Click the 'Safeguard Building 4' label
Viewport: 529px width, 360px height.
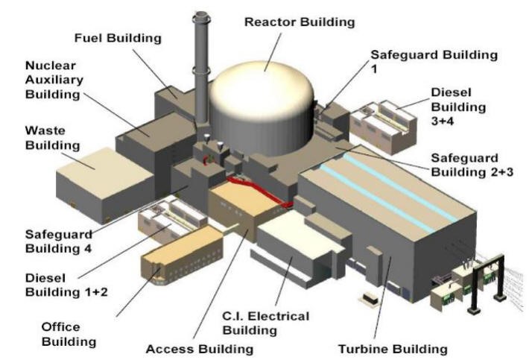click(47, 240)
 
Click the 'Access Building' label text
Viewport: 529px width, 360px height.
click(202, 348)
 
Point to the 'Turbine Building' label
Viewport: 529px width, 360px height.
click(403, 348)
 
